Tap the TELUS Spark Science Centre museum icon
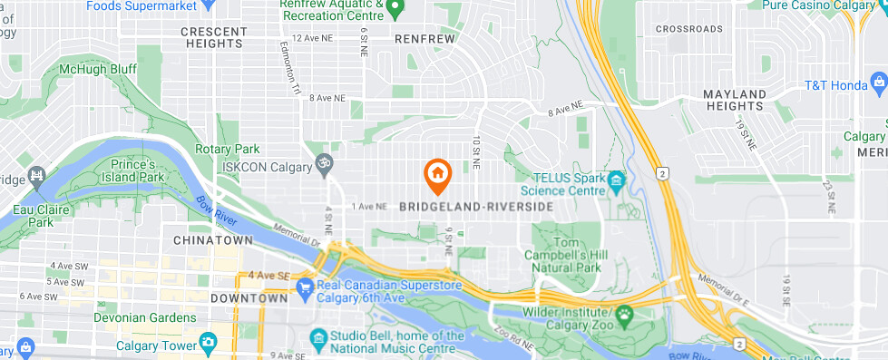616,181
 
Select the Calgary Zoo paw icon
625,316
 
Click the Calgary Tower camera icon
210,344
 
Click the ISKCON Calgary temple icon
319,165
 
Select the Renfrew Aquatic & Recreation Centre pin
395,9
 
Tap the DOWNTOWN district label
249,297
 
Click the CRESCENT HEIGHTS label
214,37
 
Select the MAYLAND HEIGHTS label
735,101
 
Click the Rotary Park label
234,149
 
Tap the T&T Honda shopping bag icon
877,85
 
